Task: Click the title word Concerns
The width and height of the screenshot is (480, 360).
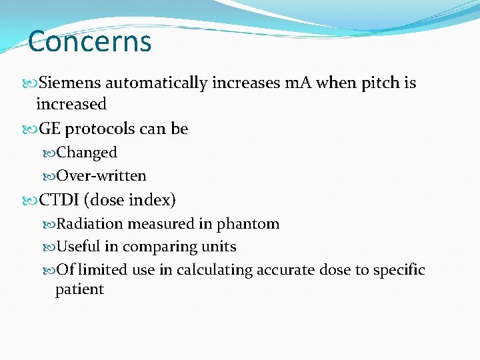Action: point(90,41)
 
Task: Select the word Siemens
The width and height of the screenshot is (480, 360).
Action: point(70,83)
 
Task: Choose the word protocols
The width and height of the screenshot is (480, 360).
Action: point(99,129)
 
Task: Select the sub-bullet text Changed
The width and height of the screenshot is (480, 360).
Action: point(87,153)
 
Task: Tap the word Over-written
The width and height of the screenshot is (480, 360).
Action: point(101,176)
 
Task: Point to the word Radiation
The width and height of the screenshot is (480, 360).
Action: point(91,224)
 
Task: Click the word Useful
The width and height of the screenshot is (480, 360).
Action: point(78,247)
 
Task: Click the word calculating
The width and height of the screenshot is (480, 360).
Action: point(210,271)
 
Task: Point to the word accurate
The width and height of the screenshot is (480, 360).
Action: point(287,271)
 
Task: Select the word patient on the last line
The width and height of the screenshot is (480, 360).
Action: point(79,290)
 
